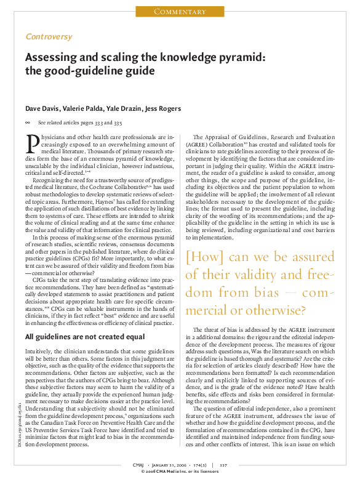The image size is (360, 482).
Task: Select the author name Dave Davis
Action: click(41, 109)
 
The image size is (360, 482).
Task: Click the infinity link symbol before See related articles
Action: click(28, 123)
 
